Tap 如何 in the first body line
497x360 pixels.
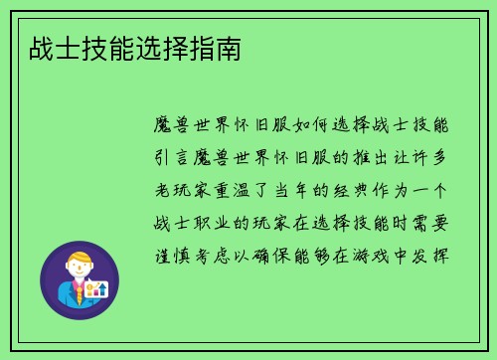point(283,126)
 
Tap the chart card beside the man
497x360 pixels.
point(95,289)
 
